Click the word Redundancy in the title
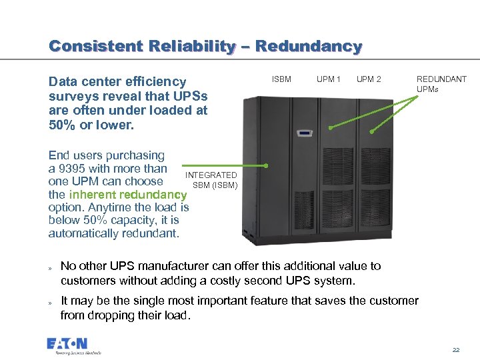[309, 47]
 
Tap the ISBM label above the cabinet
[281, 79]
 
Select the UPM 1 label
[329, 79]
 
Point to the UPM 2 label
[369, 79]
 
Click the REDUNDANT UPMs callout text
[441, 84]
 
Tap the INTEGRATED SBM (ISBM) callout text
[211, 180]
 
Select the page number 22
[456, 350]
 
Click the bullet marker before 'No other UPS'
[50, 267]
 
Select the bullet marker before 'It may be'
[50, 302]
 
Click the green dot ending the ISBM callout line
[266, 165]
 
